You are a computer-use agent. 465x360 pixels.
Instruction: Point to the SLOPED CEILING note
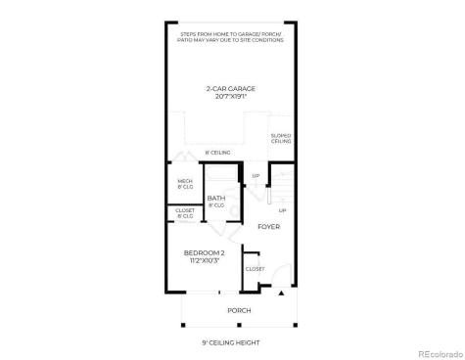pyautogui.click(x=281, y=139)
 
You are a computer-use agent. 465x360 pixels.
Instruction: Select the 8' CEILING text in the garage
pyautogui.click(x=216, y=153)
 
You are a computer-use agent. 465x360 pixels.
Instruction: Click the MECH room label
pyautogui.click(x=184, y=181)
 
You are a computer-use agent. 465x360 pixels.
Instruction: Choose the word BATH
pyautogui.click(x=216, y=199)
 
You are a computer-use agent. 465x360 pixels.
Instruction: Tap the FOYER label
pyautogui.click(x=268, y=226)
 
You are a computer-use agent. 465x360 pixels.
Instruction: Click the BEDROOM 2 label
pyautogui.click(x=204, y=252)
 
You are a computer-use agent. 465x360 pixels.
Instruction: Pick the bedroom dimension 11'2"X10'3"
pyautogui.click(x=204, y=260)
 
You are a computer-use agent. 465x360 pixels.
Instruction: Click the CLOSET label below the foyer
pyautogui.click(x=255, y=268)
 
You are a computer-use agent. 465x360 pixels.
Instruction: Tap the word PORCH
pyautogui.click(x=239, y=310)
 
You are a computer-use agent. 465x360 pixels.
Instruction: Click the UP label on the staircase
pyautogui.click(x=282, y=209)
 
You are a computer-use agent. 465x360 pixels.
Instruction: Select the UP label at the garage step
pyautogui.click(x=256, y=176)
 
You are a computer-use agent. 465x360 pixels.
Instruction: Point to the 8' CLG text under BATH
pyautogui.click(x=216, y=206)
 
